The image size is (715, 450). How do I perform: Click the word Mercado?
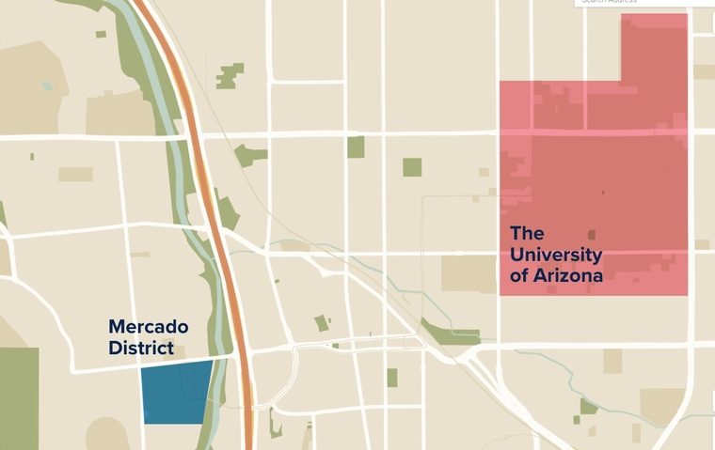[x=149, y=327]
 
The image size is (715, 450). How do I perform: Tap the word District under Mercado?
[x=141, y=348]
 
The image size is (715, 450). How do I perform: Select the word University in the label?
[x=556, y=255]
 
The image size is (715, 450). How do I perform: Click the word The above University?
[x=528, y=233]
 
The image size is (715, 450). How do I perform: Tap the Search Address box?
[x=640, y=3]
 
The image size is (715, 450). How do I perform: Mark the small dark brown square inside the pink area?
[x=592, y=235]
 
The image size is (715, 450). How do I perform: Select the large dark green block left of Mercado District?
[x=19, y=395]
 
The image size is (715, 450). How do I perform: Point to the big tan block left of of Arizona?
[x=468, y=272]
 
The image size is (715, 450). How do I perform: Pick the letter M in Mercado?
[x=118, y=327]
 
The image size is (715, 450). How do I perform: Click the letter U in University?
[x=517, y=255]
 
